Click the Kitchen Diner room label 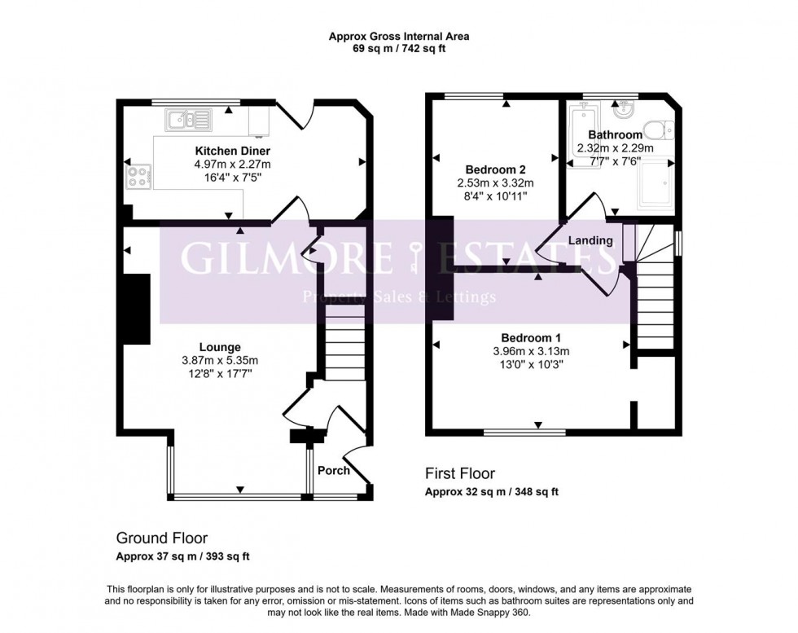[232, 152]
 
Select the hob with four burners [136, 176]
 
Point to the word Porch [333, 470]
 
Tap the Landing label [590, 240]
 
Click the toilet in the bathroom [656, 129]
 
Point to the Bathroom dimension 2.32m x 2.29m [615, 148]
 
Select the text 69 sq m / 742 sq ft [399, 49]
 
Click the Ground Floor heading [161, 538]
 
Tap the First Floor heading [460, 473]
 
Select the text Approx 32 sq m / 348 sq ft [492, 492]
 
